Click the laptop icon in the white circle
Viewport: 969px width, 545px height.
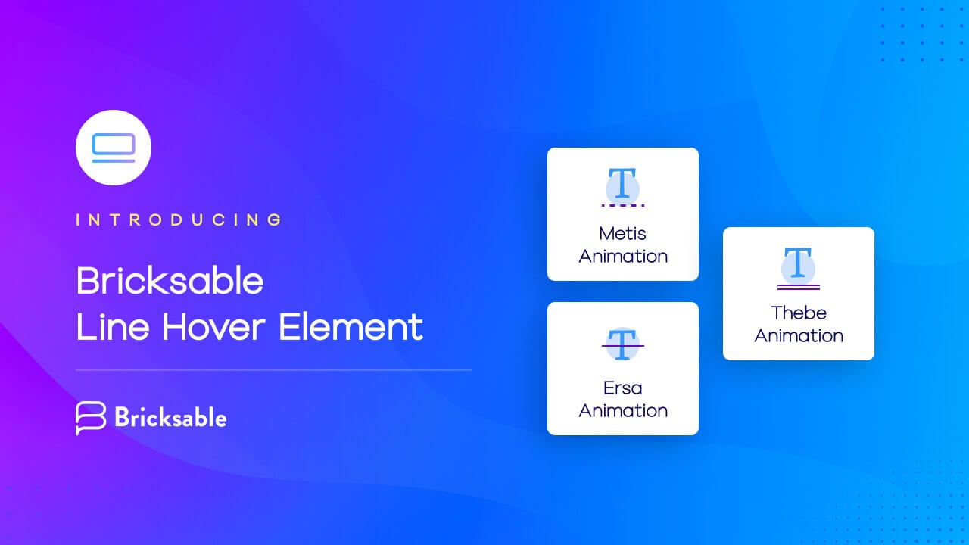coord(114,148)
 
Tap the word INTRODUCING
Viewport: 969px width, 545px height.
coord(179,220)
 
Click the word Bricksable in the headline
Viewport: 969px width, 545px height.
coord(170,282)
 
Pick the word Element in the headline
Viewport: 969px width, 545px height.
coord(351,327)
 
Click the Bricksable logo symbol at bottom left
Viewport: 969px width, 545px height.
coord(91,418)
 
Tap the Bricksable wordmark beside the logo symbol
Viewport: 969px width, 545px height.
coord(170,417)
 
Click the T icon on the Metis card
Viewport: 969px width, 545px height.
coord(622,185)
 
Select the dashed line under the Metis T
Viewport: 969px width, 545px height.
coord(622,205)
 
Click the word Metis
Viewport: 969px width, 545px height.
coord(622,233)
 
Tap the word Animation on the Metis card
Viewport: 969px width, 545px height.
coord(622,256)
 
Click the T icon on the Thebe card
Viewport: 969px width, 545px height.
coord(798,264)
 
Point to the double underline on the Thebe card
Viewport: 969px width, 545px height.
coord(798,286)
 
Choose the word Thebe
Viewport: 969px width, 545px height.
coord(798,313)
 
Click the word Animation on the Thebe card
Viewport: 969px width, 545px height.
coord(798,335)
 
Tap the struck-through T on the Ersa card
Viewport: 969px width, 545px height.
coord(622,344)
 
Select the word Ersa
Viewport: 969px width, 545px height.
coord(622,388)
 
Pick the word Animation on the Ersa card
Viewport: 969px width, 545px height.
coord(622,410)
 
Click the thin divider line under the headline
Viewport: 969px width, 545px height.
coord(274,370)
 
